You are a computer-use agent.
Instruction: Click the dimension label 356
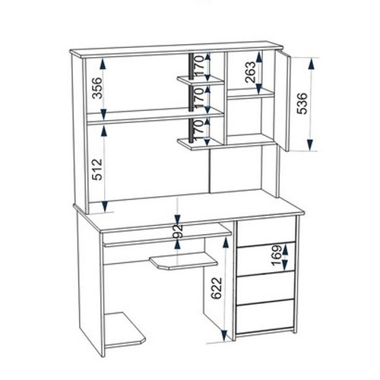tap(97, 88)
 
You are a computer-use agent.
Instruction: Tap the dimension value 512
tap(97, 169)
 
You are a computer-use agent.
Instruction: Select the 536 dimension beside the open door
tap(302, 103)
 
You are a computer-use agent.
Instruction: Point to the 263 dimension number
tap(251, 72)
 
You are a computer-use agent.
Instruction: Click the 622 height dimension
tap(217, 288)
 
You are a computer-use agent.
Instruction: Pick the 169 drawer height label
tap(277, 255)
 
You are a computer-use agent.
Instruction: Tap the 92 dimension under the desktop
tap(178, 231)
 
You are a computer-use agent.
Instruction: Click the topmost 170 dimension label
tap(199, 65)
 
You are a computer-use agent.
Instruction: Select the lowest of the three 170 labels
tap(199, 130)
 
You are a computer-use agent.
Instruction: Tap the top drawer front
tap(266, 232)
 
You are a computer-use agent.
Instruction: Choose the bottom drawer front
tap(266, 318)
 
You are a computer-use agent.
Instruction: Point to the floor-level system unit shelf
tap(124, 331)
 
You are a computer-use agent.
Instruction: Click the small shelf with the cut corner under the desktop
tap(183, 261)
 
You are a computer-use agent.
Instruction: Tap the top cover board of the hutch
tap(176, 51)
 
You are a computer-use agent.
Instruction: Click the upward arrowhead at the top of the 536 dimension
tap(312, 64)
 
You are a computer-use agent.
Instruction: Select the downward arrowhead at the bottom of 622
tap(224, 335)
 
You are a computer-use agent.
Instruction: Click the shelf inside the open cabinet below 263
tap(251, 93)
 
